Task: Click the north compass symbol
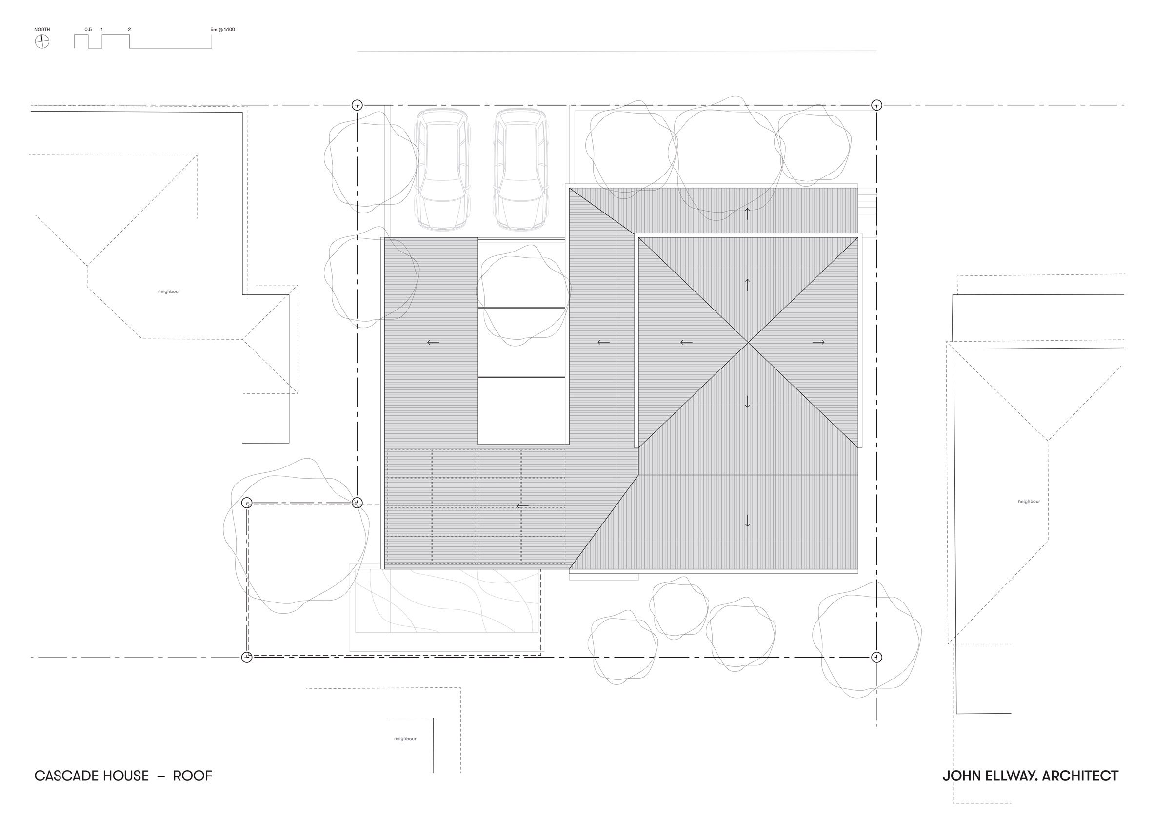(41, 41)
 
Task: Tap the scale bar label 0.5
(88, 30)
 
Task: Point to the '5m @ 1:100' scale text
(222, 30)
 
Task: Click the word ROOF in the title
(192, 776)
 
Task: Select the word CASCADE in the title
(66, 776)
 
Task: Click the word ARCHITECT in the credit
(1080, 776)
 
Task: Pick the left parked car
(443, 170)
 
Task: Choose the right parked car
(521, 170)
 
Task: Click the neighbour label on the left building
(169, 291)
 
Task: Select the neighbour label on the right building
(1029, 502)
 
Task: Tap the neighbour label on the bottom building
(405, 739)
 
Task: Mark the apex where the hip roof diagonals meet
(748, 342)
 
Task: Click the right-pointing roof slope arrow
(818, 342)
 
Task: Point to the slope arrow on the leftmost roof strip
(433, 342)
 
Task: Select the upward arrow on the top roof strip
(747, 214)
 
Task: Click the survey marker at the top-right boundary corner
(876, 105)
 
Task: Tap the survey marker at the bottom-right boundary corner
(876, 657)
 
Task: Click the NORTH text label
(42, 30)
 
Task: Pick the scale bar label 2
(129, 30)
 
